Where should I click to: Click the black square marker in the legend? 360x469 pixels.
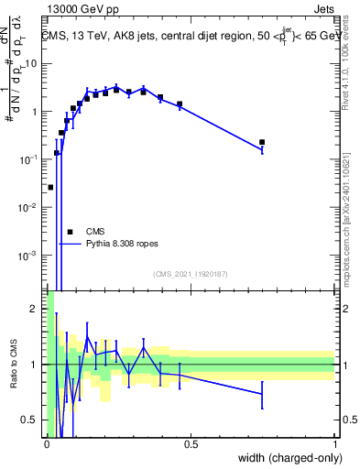(x=70, y=232)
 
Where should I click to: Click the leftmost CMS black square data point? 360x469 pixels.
(x=50, y=187)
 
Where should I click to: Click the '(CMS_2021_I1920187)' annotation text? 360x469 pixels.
(x=191, y=274)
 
